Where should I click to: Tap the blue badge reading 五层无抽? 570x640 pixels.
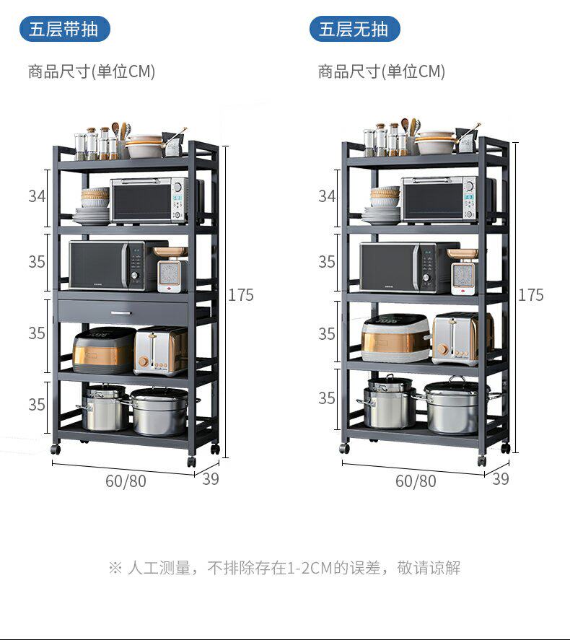click(354, 30)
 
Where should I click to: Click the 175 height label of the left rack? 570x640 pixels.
click(241, 295)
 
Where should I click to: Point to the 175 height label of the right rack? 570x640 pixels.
click(531, 295)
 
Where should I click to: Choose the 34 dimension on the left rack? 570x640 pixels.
click(37, 196)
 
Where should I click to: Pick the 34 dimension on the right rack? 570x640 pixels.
click(327, 196)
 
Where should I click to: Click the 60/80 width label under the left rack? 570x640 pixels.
click(126, 481)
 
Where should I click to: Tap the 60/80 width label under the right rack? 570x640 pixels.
click(416, 481)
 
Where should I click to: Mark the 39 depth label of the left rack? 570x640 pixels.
click(210, 478)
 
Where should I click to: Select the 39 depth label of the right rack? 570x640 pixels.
click(500, 478)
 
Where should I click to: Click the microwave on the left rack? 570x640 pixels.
click(108, 266)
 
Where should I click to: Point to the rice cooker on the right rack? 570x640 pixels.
click(395, 338)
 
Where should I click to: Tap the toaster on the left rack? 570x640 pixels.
click(160, 351)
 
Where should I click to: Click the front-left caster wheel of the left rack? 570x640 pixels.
click(56, 449)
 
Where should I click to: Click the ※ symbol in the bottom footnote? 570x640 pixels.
click(115, 569)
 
